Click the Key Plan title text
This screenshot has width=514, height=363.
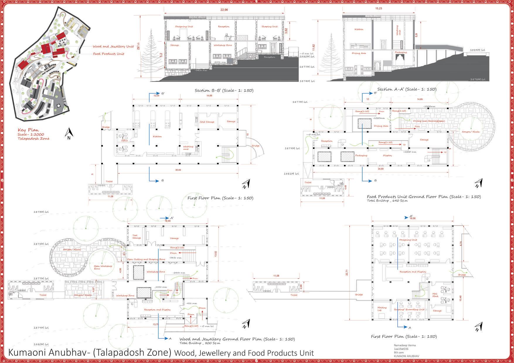[x=28, y=130]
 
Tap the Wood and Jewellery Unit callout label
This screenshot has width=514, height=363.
[x=113, y=46]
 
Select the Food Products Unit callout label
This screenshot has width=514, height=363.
[x=108, y=54]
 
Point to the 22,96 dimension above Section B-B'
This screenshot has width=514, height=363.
[x=224, y=10]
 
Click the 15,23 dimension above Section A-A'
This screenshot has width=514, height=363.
[x=379, y=8]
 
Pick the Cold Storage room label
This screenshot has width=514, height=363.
[x=207, y=122]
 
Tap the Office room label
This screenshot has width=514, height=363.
[x=124, y=141]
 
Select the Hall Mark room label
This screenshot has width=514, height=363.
[x=435, y=295]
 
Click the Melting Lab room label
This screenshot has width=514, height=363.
[x=382, y=309]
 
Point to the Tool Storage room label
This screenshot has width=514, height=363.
[x=137, y=237]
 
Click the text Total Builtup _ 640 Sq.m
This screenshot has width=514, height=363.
[x=387, y=201]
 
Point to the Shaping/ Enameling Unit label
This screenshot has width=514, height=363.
[x=409, y=309]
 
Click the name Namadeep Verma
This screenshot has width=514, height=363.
[x=405, y=345]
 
